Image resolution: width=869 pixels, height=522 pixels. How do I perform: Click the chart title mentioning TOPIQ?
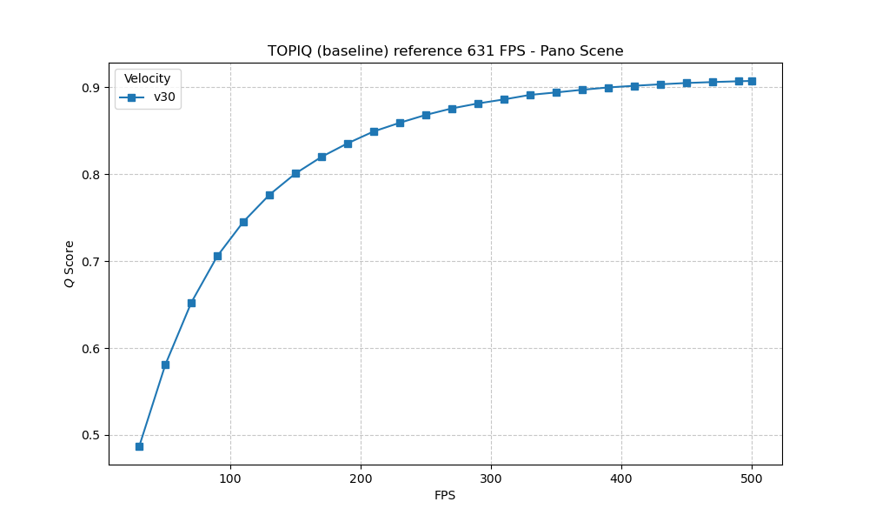tap(445, 51)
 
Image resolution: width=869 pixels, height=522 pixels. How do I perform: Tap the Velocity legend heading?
tap(147, 79)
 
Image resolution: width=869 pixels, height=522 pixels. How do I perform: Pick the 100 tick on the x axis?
tap(230, 478)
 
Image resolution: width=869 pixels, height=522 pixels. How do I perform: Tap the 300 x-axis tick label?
tap(491, 478)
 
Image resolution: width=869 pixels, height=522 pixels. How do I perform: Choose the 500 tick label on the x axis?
tap(752, 478)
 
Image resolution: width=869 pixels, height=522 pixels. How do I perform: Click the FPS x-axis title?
tap(445, 496)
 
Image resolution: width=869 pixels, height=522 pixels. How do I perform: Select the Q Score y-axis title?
tap(70, 264)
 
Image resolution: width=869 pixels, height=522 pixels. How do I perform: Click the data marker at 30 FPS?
tap(139, 446)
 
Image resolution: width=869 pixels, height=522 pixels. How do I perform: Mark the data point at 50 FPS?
tap(165, 365)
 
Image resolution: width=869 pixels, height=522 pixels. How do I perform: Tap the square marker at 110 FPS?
tap(243, 222)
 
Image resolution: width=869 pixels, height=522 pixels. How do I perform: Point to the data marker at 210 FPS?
tap(374, 131)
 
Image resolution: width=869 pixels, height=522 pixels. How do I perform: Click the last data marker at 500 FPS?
tap(752, 81)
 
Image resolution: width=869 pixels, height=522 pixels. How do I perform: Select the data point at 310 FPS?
tap(504, 99)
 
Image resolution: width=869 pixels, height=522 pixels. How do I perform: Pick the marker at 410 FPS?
tap(634, 86)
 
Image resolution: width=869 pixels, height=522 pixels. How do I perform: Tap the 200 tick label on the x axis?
tap(361, 478)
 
